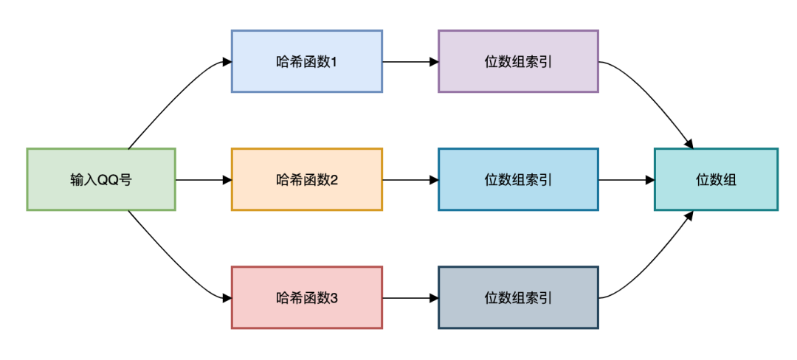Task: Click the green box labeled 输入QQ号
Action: (x=101, y=179)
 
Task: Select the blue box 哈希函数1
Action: (x=306, y=61)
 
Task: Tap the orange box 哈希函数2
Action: (x=306, y=179)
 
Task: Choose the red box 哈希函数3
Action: (x=306, y=297)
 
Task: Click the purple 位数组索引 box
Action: (x=518, y=61)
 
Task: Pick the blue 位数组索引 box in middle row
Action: (x=518, y=179)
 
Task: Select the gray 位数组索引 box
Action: (x=518, y=297)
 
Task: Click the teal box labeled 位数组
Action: (x=716, y=179)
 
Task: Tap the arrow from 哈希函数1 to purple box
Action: (x=410, y=62)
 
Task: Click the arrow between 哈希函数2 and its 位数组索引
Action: (x=410, y=179)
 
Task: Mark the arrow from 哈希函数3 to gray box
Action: (x=410, y=298)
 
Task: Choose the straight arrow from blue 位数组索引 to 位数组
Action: (x=626, y=179)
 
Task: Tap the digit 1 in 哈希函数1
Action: (x=334, y=62)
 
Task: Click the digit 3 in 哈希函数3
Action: (x=334, y=298)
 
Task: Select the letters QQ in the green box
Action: (x=108, y=180)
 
